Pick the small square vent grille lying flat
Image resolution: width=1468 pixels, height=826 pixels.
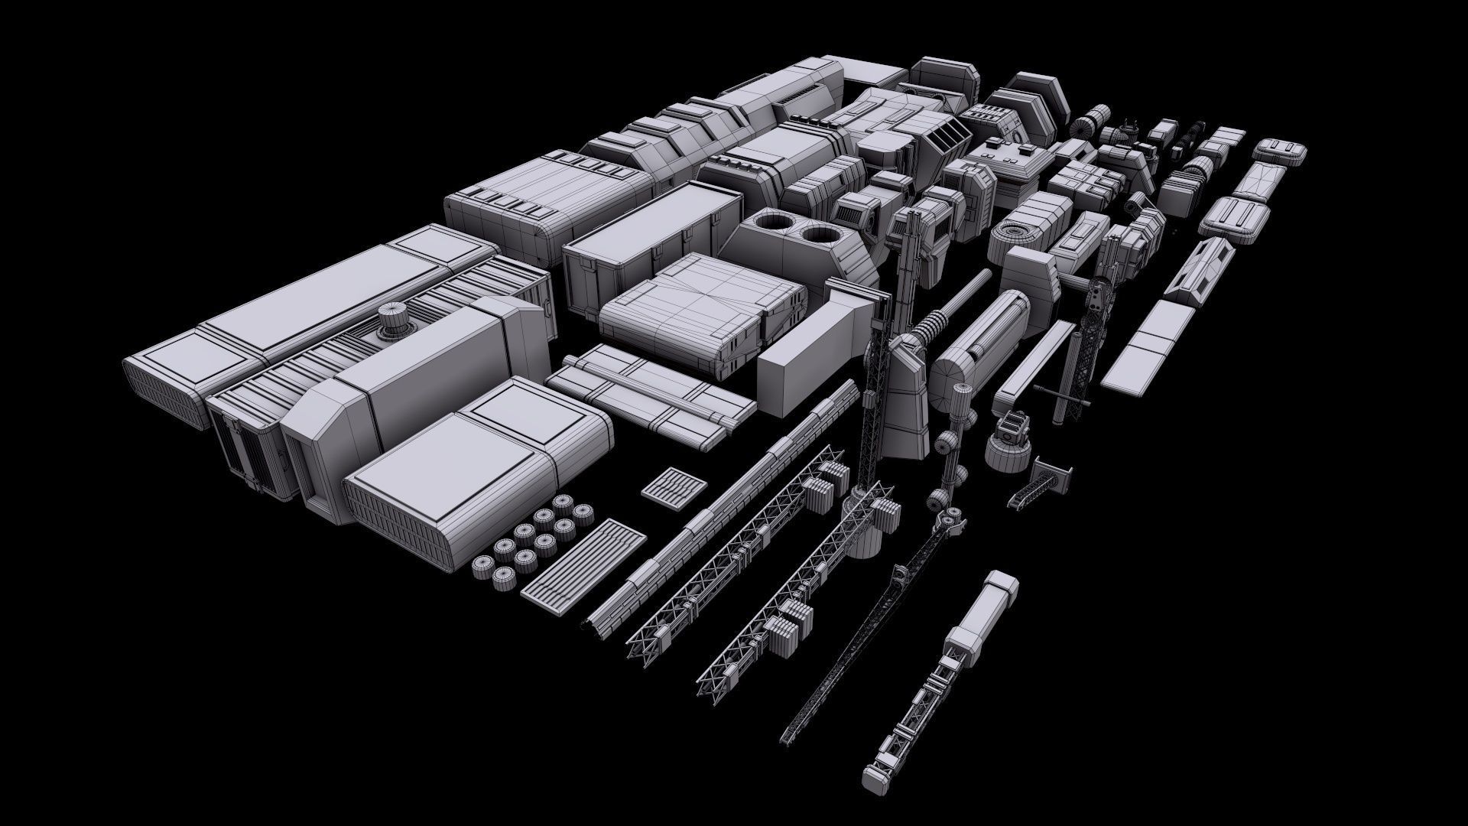pyautogui.click(x=673, y=486)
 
